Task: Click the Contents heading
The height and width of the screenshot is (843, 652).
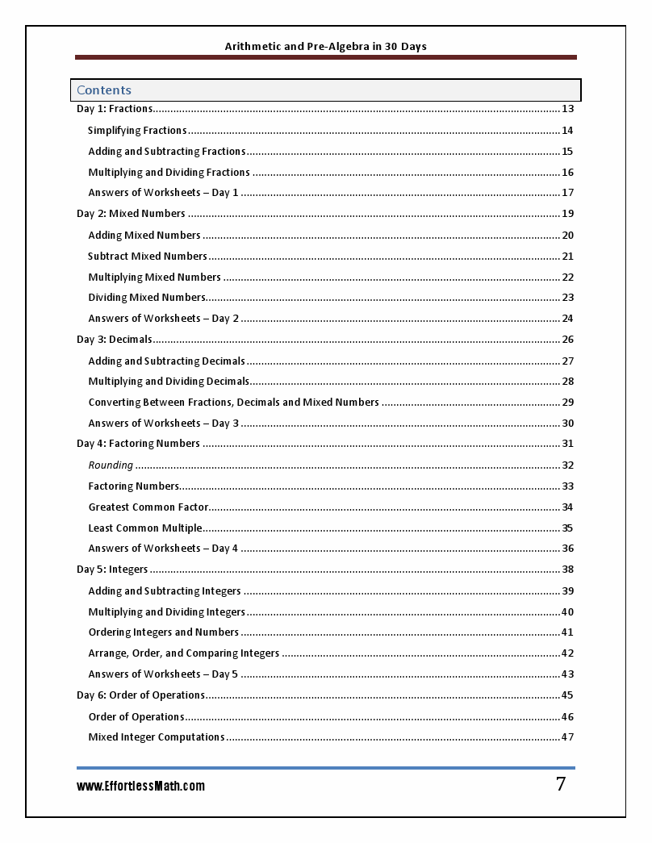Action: (x=104, y=90)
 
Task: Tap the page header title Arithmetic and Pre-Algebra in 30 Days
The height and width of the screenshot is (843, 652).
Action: (x=325, y=46)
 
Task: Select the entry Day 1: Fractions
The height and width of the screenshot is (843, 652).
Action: (x=115, y=109)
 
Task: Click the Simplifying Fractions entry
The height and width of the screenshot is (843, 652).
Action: (x=137, y=131)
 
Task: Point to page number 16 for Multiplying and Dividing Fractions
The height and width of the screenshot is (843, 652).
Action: (x=567, y=173)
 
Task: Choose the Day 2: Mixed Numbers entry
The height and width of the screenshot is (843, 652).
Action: (x=131, y=214)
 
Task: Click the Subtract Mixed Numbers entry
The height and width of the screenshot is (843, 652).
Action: (x=148, y=257)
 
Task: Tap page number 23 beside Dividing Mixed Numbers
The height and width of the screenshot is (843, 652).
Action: (x=567, y=298)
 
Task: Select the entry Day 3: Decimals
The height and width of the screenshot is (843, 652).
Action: (x=115, y=340)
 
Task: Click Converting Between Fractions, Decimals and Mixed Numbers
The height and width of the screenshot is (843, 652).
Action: (x=233, y=403)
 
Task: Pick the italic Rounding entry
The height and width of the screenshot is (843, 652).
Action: (x=111, y=465)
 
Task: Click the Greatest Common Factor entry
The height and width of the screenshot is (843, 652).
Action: (x=148, y=507)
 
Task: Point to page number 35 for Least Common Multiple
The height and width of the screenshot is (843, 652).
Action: (x=567, y=528)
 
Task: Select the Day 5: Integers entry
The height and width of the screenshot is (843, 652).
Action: (x=112, y=570)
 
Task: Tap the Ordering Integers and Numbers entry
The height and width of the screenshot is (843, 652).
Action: (x=164, y=632)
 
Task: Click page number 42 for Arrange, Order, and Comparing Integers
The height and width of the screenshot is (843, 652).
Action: (x=567, y=653)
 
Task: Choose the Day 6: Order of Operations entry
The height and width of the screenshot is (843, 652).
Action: (x=141, y=695)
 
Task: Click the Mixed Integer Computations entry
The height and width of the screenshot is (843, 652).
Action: (x=157, y=737)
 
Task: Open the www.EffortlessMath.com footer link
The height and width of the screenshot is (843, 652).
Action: (x=140, y=786)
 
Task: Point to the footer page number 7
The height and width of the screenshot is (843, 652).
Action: (x=561, y=784)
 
